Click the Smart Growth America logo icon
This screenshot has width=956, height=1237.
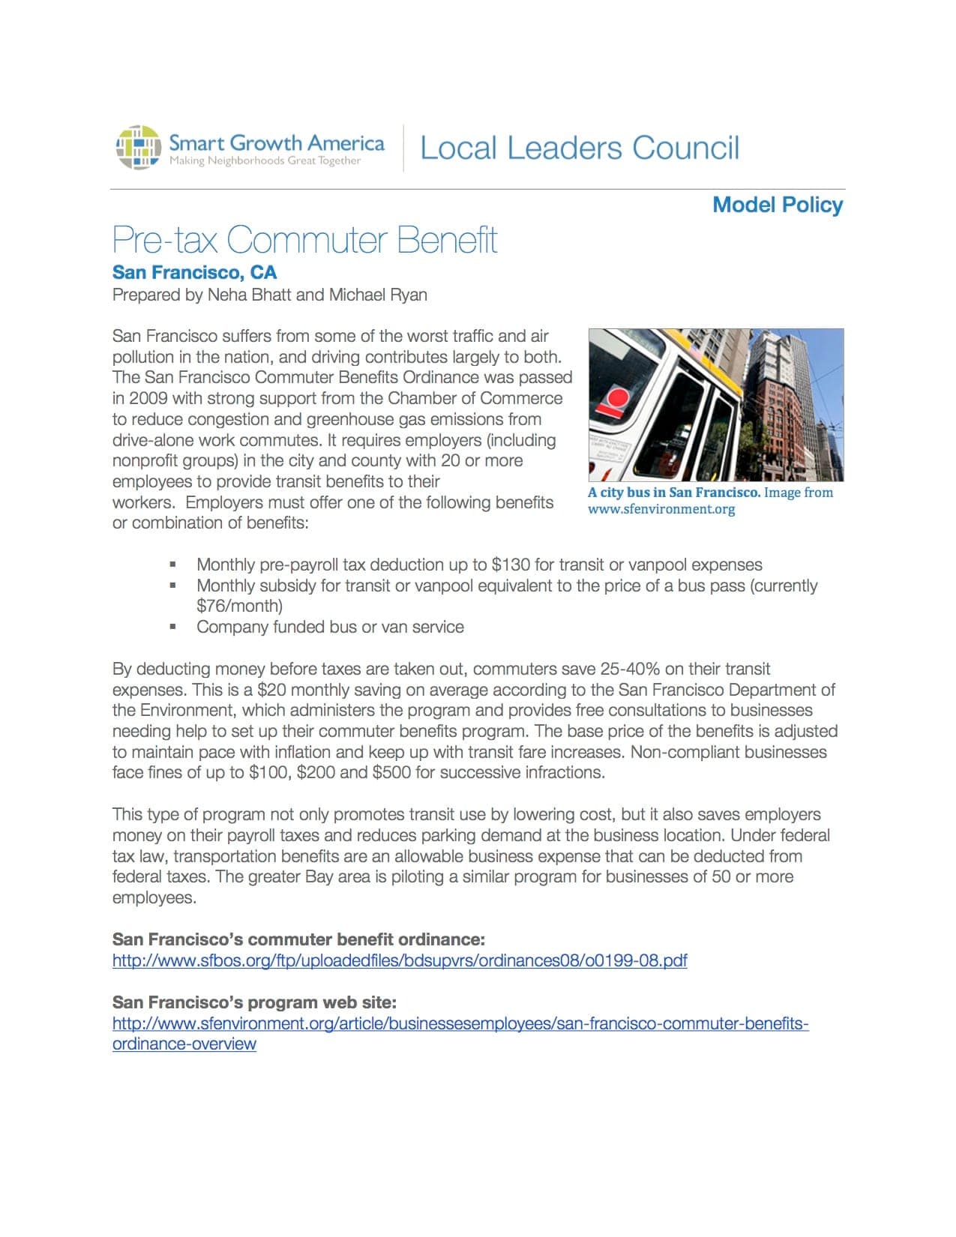[x=139, y=147]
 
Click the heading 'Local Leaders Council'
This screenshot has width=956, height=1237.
[x=580, y=148]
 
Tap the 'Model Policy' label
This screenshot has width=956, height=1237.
[x=778, y=205]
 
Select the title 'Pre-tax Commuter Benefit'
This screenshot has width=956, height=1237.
[x=304, y=240]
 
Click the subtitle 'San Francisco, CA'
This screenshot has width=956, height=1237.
[x=194, y=272]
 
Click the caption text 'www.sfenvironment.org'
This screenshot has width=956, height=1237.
[x=661, y=509]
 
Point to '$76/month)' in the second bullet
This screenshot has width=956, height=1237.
[x=239, y=606]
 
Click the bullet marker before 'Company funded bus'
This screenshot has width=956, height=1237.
[x=173, y=627]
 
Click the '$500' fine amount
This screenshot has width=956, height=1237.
[x=391, y=772]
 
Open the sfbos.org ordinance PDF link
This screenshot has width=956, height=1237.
[x=400, y=960]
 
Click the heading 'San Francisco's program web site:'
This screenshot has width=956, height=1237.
[x=254, y=1002]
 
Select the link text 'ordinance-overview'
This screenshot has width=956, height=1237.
[x=184, y=1044]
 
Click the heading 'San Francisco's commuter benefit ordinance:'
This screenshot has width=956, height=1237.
[x=298, y=939]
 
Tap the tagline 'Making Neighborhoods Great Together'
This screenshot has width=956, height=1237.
[x=265, y=161]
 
